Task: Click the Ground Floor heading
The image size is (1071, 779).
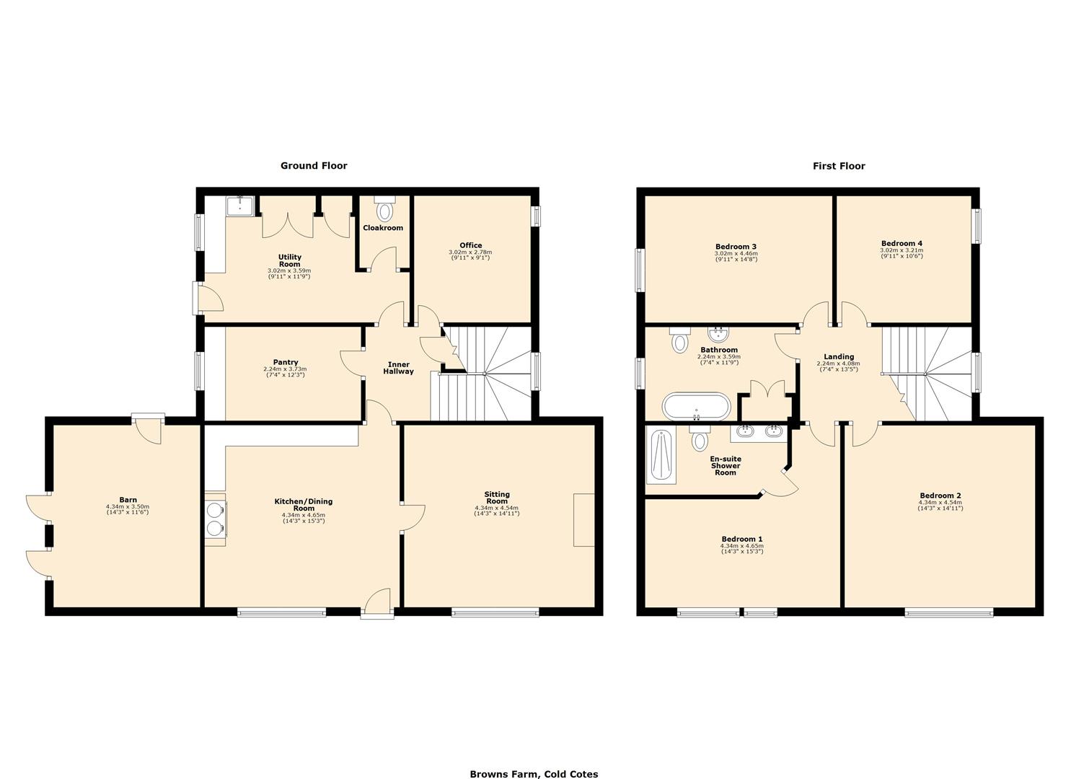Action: click(314, 166)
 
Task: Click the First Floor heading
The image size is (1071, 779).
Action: click(838, 166)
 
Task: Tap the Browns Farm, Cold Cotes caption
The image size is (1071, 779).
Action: click(534, 774)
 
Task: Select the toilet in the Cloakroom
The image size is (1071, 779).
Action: click(384, 210)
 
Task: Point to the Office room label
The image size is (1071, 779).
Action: click(470, 245)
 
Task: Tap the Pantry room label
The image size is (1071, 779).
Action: click(285, 362)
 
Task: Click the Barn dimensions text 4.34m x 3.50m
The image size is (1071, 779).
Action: click(128, 507)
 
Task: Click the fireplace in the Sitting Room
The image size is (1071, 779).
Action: click(583, 519)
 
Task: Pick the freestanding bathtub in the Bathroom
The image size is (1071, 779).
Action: click(697, 406)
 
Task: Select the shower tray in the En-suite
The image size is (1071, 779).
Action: click(662, 457)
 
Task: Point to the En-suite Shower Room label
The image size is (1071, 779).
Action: click(725, 465)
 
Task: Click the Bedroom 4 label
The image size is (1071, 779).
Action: click(901, 243)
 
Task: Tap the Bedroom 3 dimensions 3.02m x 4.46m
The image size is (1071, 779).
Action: click(736, 253)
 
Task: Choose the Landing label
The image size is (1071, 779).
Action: click(838, 356)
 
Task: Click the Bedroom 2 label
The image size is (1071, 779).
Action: click(940, 496)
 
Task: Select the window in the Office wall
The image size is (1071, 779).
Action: click(536, 216)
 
